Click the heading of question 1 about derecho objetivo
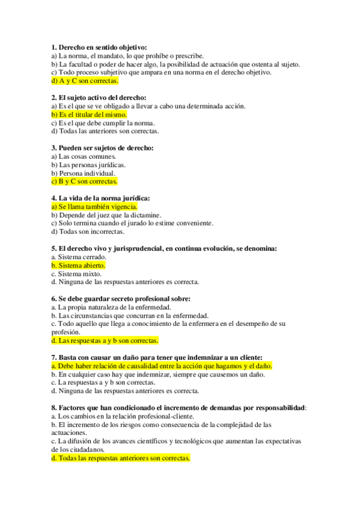point(99,48)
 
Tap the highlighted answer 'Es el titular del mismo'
point(89,114)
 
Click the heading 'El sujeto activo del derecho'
point(99,97)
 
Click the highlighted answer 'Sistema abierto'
point(78,265)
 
